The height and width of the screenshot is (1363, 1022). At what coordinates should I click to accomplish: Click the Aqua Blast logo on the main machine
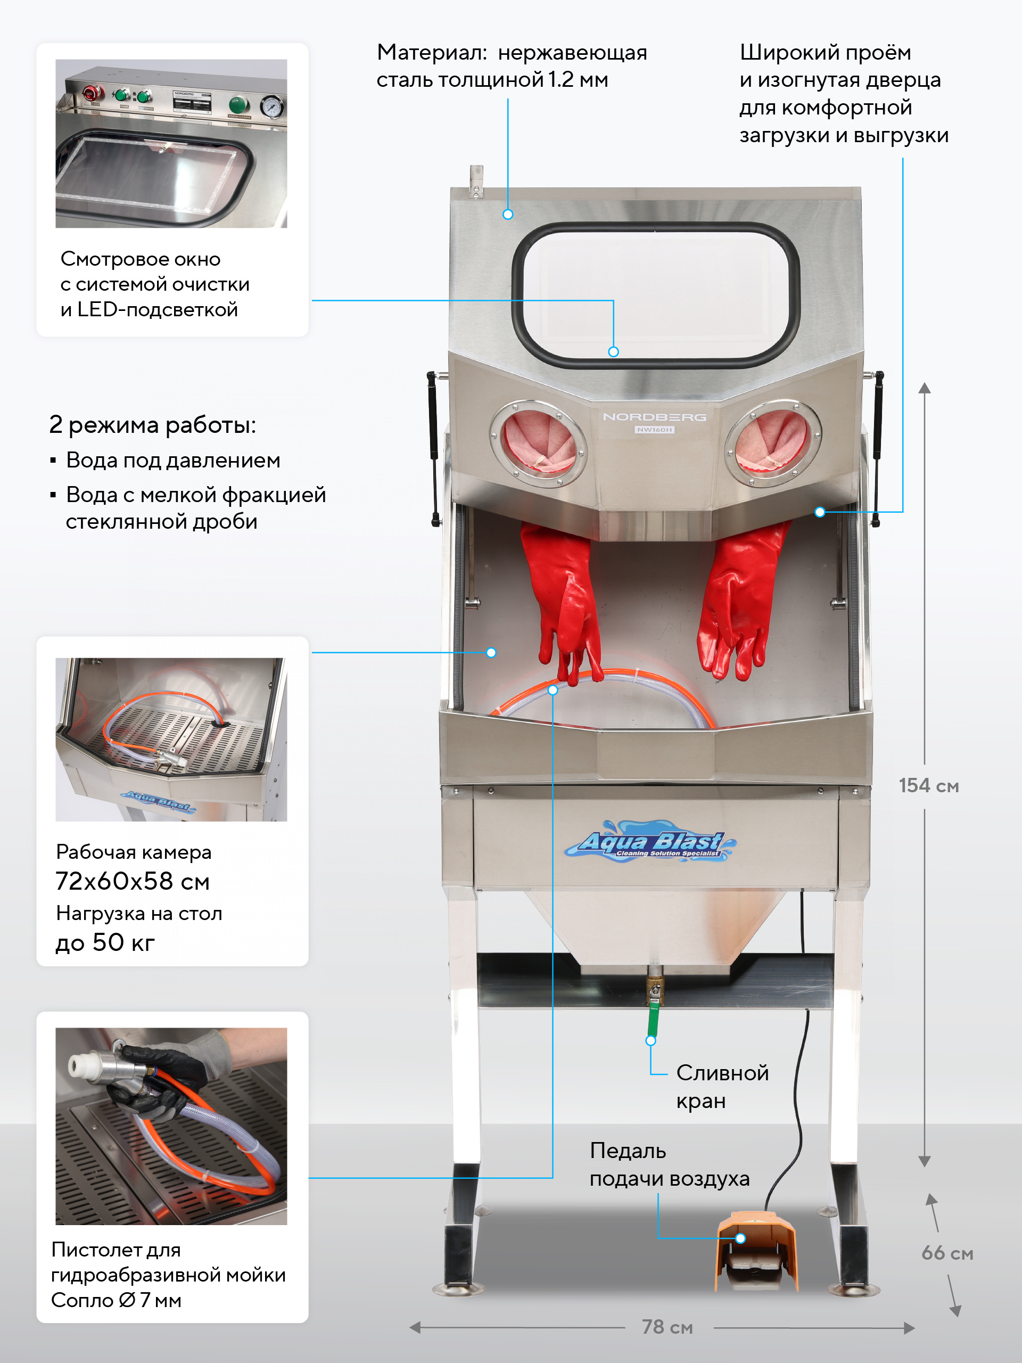coord(650,841)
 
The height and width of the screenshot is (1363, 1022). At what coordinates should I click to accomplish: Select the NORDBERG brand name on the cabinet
coord(654,417)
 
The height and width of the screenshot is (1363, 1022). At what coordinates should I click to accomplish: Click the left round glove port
coord(538,443)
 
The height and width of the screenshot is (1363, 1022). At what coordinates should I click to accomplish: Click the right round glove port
coord(772,443)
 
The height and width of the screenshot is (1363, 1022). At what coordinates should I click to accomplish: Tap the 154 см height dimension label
coord(928,786)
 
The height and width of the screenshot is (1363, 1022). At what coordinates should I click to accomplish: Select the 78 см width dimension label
coord(667,1327)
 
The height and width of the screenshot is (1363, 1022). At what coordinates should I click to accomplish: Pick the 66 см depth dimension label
coord(947,1253)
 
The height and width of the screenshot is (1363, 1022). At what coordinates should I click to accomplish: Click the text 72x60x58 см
coord(133,881)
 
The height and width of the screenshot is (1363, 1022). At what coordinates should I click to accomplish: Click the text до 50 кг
coord(105,942)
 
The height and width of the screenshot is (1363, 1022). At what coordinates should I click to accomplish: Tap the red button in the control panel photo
coord(89,94)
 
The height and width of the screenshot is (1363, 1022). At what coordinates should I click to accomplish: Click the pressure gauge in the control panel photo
coord(271,106)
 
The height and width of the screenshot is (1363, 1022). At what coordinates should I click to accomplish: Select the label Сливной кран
coord(722,1086)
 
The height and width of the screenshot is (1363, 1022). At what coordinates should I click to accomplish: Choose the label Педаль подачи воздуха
coord(669,1164)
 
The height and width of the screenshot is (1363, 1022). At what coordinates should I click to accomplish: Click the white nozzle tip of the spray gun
coord(80,1065)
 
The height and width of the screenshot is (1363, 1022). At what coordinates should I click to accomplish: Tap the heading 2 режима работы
coord(152,424)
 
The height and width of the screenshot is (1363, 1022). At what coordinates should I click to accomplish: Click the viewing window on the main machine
coord(655,294)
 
